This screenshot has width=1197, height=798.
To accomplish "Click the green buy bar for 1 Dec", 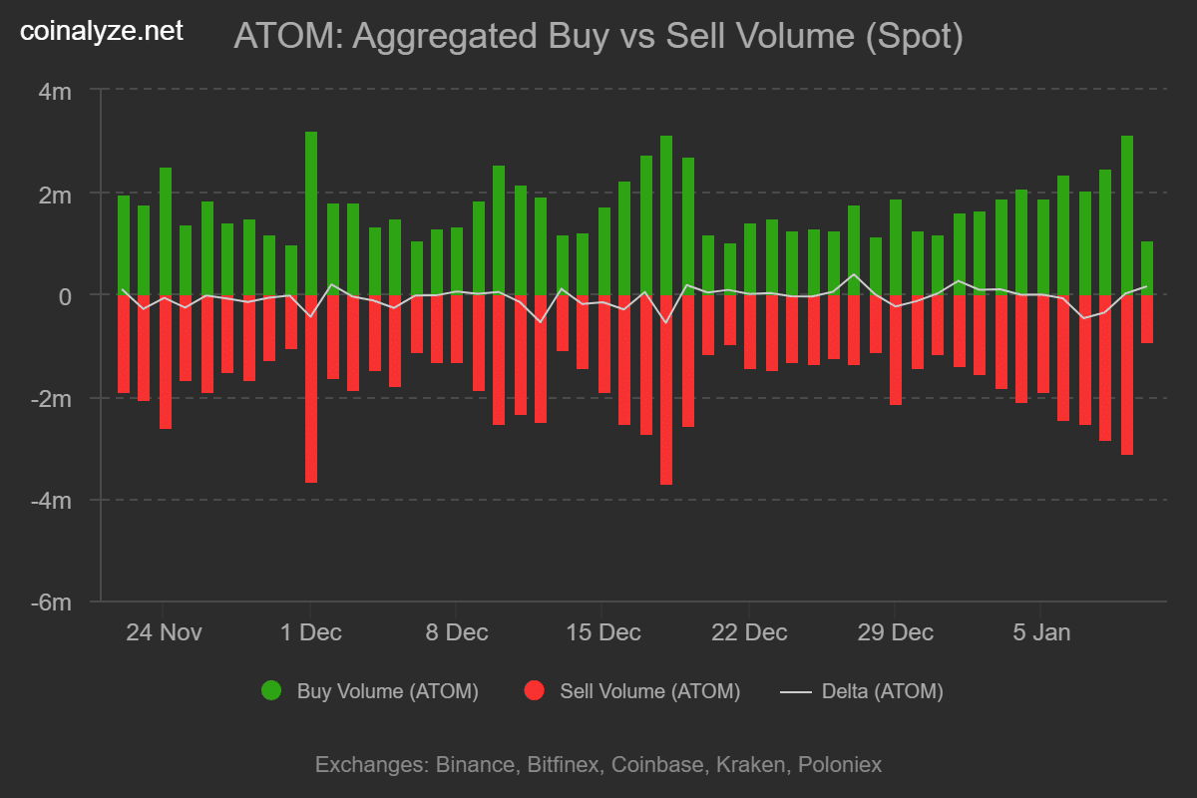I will [x=311, y=213].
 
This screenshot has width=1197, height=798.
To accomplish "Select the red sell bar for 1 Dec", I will [x=311, y=389].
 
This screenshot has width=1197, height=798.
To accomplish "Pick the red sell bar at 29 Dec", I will [x=896, y=349].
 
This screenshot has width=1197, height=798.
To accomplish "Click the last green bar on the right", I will [x=1147, y=268].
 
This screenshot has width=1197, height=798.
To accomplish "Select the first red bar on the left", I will [x=124, y=343].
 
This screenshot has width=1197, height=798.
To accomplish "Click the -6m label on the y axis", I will [x=54, y=602].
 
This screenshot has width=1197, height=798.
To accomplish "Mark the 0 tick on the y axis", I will [x=64, y=296].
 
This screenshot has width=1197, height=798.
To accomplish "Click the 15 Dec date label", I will [x=601, y=632].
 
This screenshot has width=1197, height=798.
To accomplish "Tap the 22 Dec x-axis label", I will [x=748, y=632].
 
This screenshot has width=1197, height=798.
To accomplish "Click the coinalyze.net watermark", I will [x=102, y=32].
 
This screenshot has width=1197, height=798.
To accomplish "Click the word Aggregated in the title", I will [x=446, y=37].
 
